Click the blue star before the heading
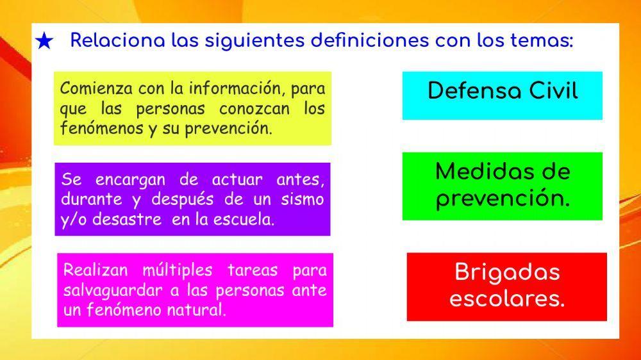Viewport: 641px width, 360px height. [x=44, y=42]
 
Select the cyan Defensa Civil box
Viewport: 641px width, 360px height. [x=502, y=95]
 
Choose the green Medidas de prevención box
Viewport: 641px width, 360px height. [x=502, y=186]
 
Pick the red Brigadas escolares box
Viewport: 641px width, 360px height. [x=506, y=286]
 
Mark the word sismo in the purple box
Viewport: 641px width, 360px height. [x=303, y=199]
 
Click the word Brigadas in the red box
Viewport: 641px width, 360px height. [x=507, y=272]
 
